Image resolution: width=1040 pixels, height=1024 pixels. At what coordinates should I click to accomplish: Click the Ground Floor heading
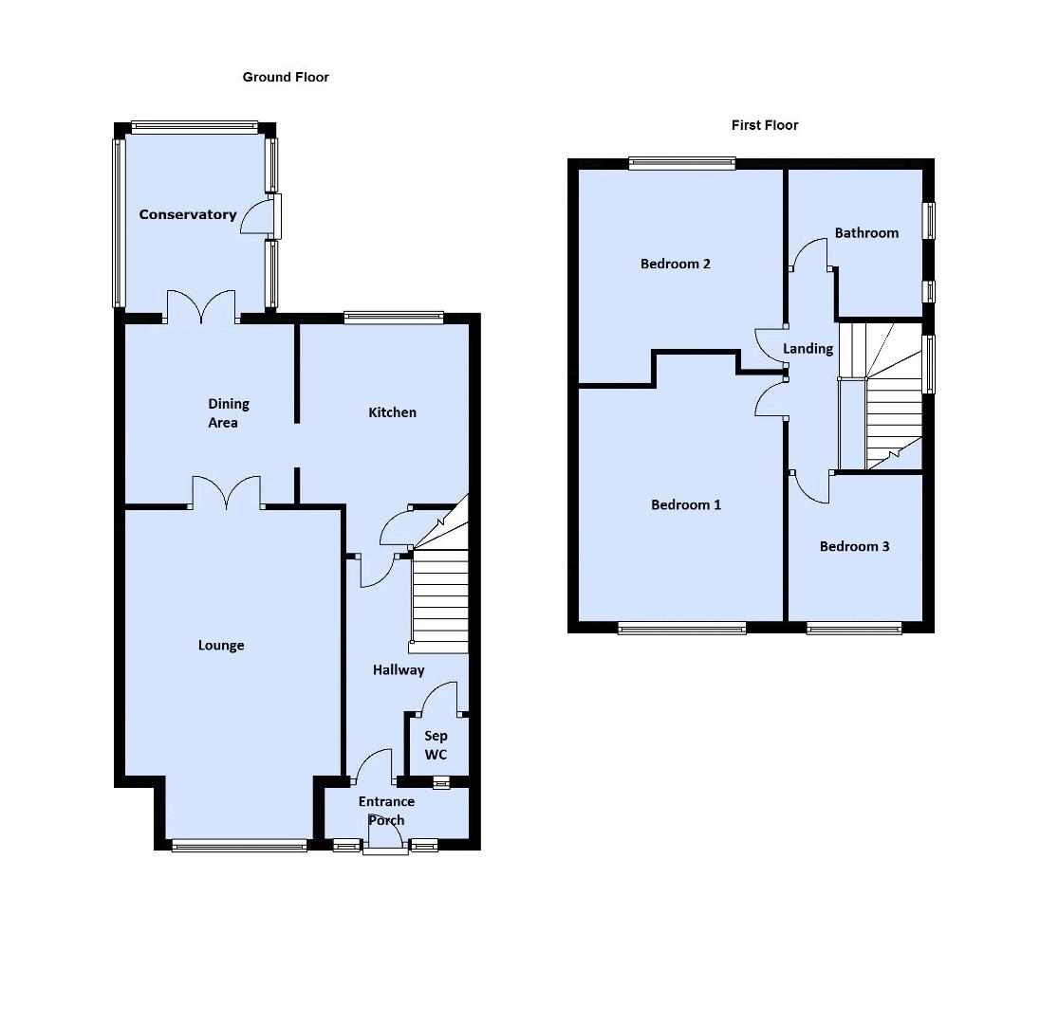286,77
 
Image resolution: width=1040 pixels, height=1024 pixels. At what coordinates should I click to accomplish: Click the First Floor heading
764,125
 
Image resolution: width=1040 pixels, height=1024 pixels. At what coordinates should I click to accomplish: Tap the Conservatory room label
188,214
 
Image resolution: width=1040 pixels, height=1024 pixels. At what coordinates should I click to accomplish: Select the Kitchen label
392,412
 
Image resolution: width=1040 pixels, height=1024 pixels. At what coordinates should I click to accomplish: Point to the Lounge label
221,646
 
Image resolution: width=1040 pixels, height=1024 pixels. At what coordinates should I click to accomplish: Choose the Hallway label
399,670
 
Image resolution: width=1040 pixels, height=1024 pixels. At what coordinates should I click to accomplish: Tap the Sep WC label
436,745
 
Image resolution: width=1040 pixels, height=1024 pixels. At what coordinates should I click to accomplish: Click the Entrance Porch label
386,811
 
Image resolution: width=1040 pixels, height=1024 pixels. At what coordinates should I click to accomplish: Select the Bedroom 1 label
686,504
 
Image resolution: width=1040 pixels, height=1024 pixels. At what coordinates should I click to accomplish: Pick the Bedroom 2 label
676,264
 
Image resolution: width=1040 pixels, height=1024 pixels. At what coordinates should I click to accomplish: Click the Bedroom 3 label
855,546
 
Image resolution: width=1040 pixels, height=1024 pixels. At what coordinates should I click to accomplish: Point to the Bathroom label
866,232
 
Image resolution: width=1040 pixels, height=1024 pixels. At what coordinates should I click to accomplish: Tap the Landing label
808,348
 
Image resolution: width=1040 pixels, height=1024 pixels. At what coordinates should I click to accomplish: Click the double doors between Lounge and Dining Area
227,493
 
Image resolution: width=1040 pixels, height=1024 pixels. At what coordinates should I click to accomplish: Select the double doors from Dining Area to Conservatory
201,306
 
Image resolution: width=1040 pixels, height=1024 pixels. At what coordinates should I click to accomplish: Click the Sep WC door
439,700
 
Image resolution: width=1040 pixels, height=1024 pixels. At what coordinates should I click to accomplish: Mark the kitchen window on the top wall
394,319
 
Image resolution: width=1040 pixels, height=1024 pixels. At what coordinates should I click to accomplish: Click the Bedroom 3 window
854,627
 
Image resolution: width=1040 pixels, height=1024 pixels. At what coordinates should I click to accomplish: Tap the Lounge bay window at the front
239,845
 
